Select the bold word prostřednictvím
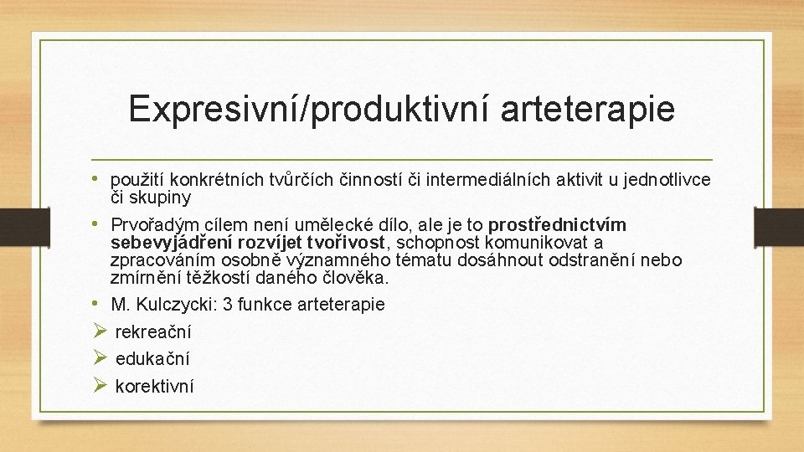557,226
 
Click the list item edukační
152,359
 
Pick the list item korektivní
154,387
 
